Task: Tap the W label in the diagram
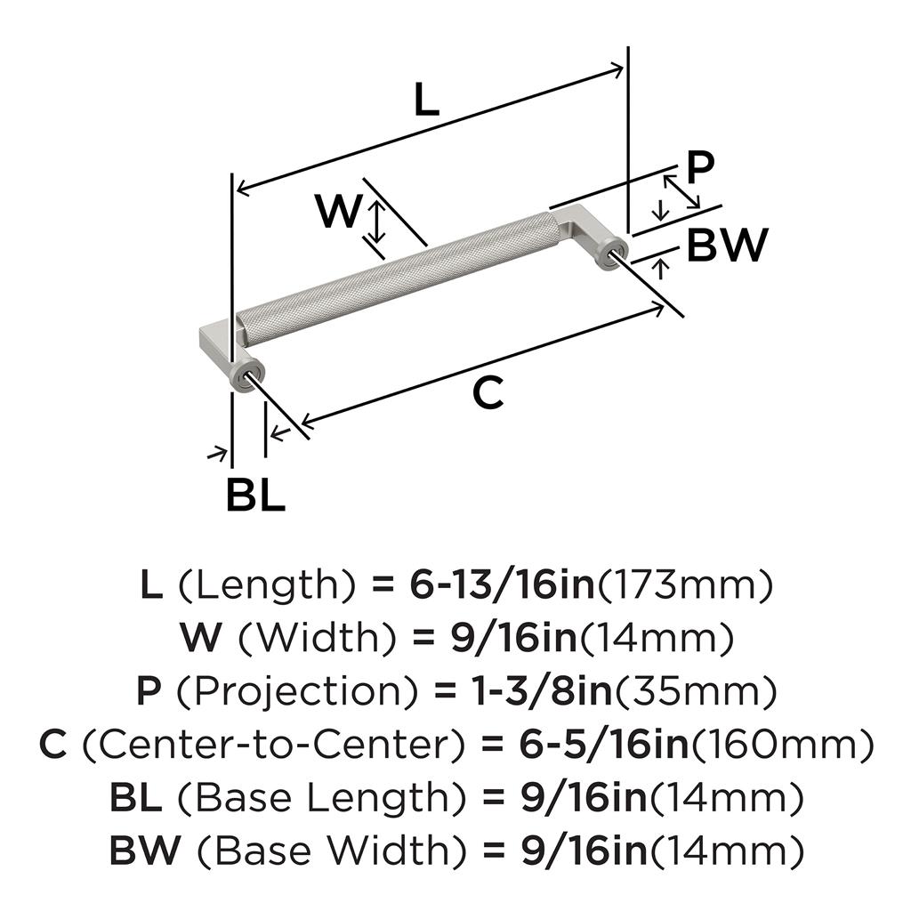point(339,213)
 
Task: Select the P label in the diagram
point(702,166)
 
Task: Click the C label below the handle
point(488,392)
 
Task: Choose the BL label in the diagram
point(255,496)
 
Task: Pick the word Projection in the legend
point(263,691)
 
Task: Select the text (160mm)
point(782,745)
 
